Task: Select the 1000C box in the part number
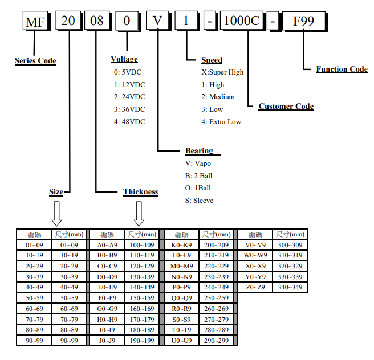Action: pyautogui.click(x=242, y=22)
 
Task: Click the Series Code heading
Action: pyautogui.click(x=35, y=61)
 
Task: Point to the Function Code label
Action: pyautogui.click(x=342, y=69)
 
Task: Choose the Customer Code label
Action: pyautogui.click(x=286, y=107)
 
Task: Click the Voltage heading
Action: pyautogui.click(x=124, y=59)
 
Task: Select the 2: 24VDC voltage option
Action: pyautogui.click(x=129, y=97)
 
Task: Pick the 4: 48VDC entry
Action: pyautogui.click(x=129, y=121)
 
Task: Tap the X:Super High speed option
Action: pyautogui.click(x=222, y=72)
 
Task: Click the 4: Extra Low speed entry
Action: pyautogui.click(x=221, y=121)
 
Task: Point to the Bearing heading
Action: pyautogui.click(x=199, y=151)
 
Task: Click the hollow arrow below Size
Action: pyautogui.click(x=56, y=214)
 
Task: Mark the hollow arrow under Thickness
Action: pyautogui.click(x=139, y=214)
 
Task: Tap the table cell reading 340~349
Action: pyautogui.click(x=290, y=287)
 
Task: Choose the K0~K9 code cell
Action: pyautogui.click(x=181, y=245)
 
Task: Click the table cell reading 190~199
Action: pyautogui.click(x=142, y=341)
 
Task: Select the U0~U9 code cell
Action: pyautogui.click(x=181, y=341)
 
